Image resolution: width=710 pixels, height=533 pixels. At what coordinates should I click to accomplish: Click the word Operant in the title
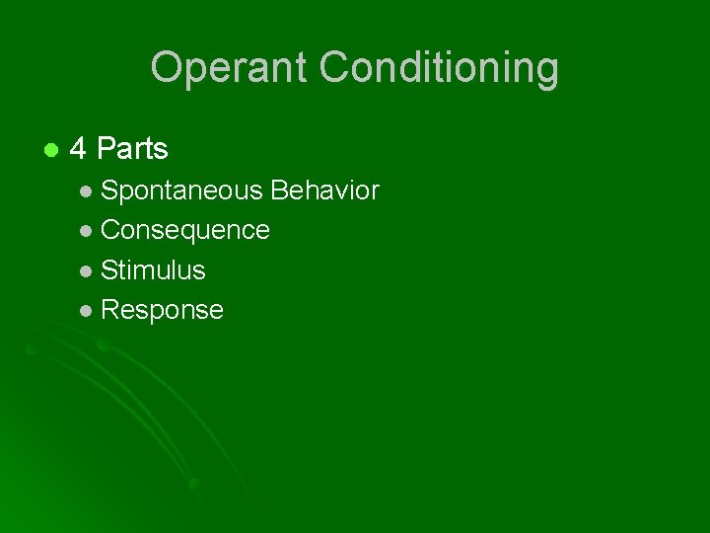(231, 68)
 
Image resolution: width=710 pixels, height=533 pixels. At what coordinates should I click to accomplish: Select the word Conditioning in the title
(440, 68)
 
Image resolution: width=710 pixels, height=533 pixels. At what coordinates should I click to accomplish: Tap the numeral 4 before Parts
(79, 149)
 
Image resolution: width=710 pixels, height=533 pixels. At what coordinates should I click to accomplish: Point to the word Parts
(133, 149)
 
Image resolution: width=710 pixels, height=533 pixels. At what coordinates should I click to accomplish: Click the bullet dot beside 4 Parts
(49, 150)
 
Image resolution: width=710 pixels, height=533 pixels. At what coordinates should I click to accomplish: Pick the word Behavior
(324, 190)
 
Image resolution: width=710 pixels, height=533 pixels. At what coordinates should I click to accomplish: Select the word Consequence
(185, 230)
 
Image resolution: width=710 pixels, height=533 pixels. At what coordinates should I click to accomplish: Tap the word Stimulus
(153, 269)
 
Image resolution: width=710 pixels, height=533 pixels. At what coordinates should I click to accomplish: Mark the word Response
(162, 310)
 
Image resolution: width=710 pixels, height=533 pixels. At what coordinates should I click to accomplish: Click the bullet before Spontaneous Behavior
(88, 191)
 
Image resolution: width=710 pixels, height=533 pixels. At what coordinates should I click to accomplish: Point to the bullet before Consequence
(88, 231)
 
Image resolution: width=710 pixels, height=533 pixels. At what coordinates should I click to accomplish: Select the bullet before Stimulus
(88, 270)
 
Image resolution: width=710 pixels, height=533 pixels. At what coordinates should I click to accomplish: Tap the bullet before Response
(88, 311)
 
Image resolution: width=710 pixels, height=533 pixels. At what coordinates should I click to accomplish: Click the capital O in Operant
(166, 68)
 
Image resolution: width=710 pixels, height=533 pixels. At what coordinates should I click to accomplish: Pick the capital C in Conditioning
(336, 68)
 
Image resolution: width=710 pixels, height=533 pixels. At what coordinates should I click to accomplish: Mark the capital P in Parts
(106, 149)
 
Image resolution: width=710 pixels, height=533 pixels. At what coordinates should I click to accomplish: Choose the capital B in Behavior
(279, 190)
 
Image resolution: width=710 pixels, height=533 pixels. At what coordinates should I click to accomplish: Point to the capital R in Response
(109, 310)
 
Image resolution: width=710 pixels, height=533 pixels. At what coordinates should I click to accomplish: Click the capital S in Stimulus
(108, 269)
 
